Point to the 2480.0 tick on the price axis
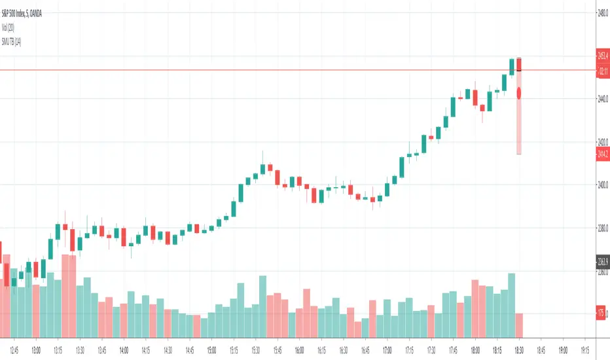click(602, 12)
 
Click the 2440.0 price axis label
click(602, 99)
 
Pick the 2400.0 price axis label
click(602, 185)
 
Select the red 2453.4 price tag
click(602, 56)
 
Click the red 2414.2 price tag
click(602, 154)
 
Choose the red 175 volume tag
click(601, 314)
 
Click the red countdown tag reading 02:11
click(602, 73)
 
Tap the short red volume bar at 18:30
click(519, 325)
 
